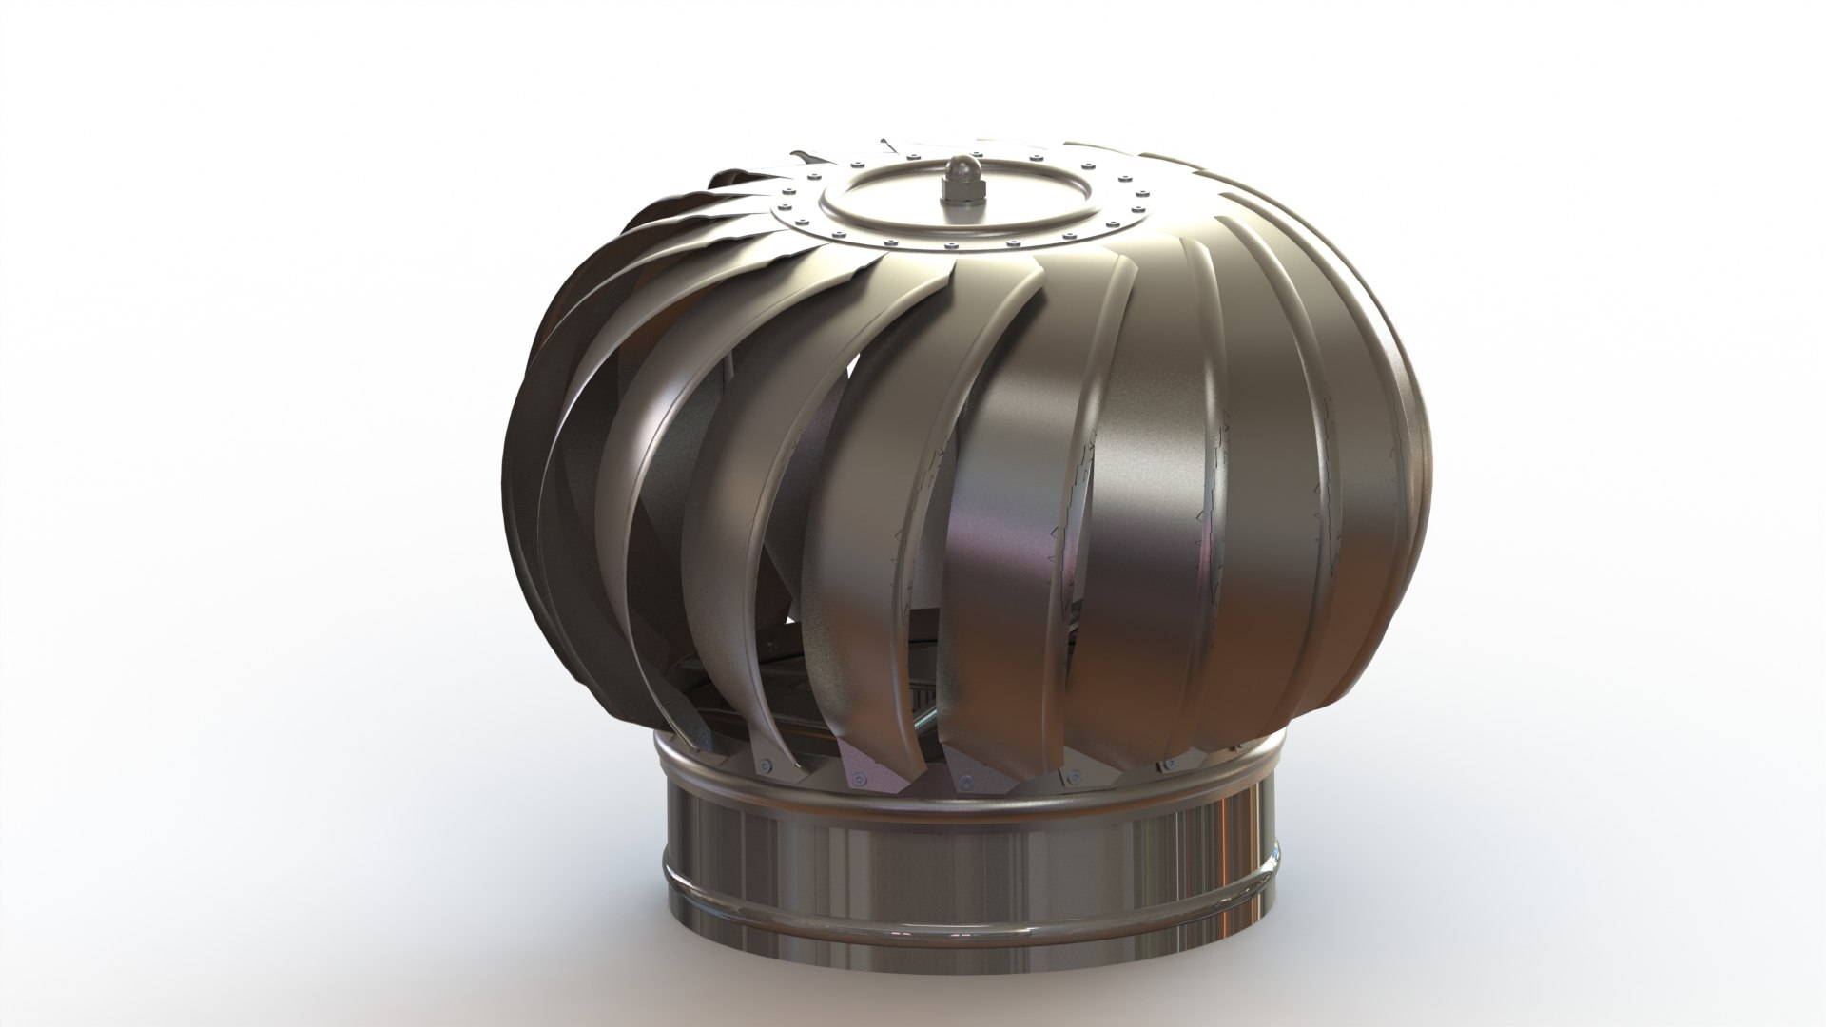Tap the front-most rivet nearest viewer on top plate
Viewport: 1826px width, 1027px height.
pos(951,245)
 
